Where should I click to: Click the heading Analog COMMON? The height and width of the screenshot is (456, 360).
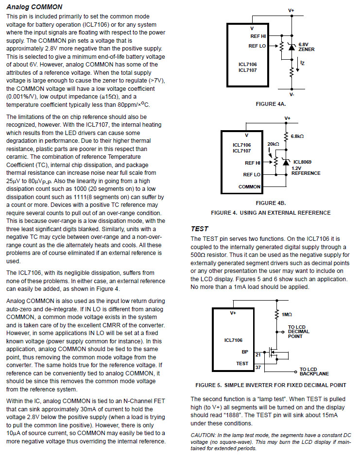(34, 7)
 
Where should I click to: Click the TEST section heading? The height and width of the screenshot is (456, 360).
(200, 228)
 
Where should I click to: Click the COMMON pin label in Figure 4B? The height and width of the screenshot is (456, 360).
(249, 187)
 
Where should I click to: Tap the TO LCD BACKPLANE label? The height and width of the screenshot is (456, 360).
(314, 372)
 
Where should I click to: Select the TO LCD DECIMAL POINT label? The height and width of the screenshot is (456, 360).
(303, 332)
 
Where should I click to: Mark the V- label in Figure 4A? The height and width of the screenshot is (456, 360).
(291, 94)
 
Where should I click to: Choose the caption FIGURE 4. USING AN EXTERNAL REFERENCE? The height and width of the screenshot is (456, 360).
(270, 213)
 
